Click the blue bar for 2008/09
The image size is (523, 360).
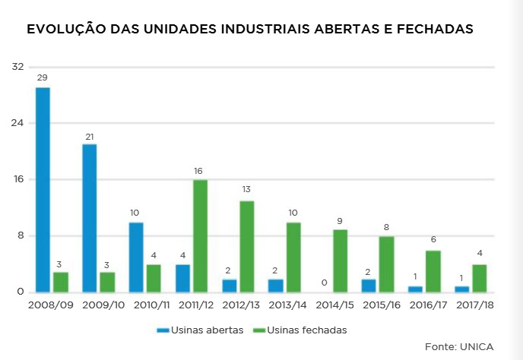click(x=43, y=190)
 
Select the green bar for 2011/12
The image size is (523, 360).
click(x=200, y=236)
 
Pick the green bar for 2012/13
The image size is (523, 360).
click(x=246, y=247)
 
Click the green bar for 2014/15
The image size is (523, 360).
click(x=340, y=261)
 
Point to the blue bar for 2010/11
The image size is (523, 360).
click(x=136, y=257)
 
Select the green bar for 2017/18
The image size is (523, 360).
click(x=479, y=278)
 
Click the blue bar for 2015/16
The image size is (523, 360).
click(x=369, y=286)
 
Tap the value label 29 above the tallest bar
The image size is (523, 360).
click(x=43, y=78)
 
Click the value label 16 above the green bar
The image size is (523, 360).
click(x=200, y=171)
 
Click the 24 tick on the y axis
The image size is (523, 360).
click(x=17, y=123)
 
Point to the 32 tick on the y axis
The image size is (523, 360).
click(x=17, y=67)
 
